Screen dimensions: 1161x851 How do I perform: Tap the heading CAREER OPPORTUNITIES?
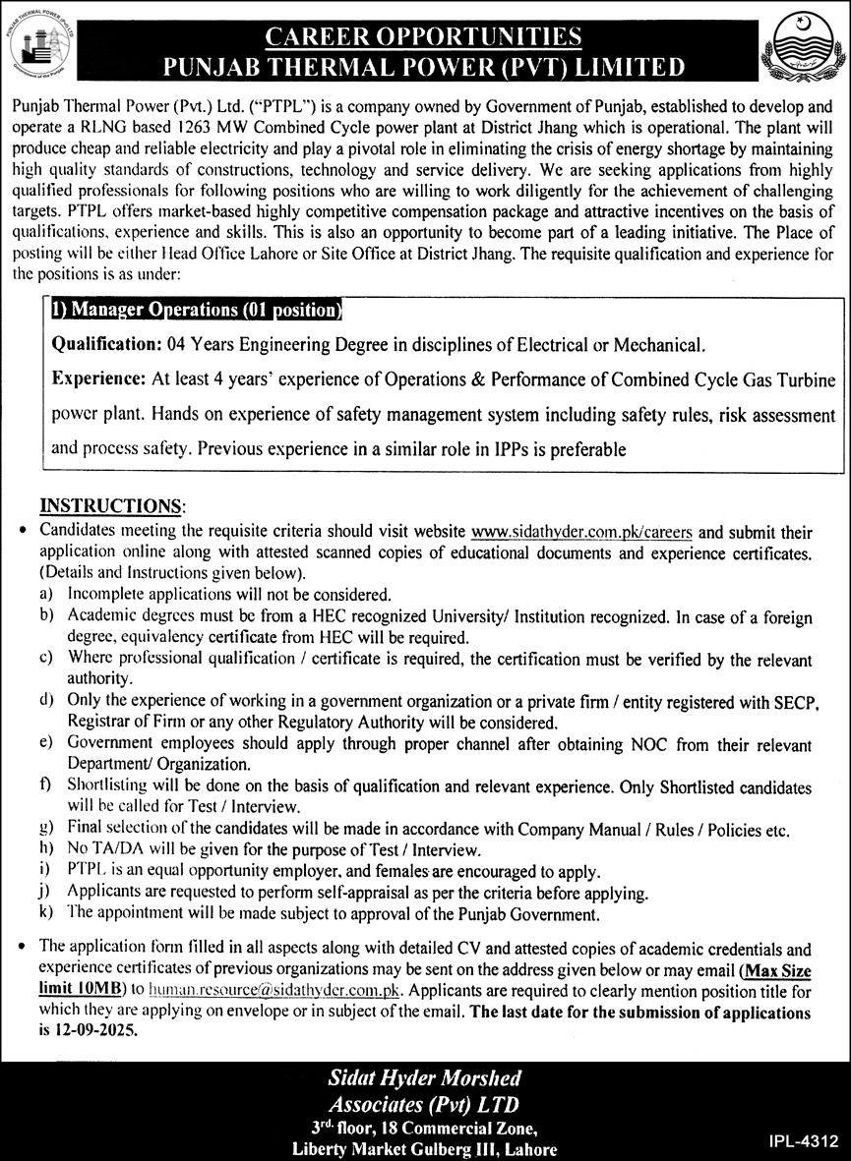[x=424, y=37]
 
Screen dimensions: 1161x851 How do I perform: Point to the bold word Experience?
[x=98, y=379]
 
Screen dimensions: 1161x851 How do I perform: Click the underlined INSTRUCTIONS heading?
[x=111, y=506]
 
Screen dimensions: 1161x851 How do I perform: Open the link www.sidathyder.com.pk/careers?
[x=581, y=533]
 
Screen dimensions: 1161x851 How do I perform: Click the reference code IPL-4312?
[x=803, y=1141]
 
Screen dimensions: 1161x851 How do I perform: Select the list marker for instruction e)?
[x=45, y=744]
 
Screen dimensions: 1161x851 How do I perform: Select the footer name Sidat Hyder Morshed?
[x=425, y=1078]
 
